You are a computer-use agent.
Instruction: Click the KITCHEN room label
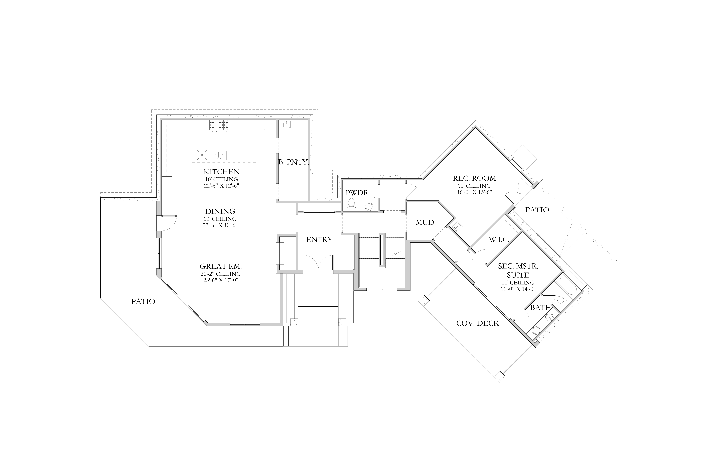tap(222, 172)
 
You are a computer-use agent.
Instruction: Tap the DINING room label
tap(220, 211)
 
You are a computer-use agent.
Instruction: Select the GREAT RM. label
tap(221, 266)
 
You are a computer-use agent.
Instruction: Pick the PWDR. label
tap(357, 193)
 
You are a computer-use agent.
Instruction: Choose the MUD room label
tap(425, 222)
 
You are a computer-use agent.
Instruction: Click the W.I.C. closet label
tap(499, 240)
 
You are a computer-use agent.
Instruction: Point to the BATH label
tap(540, 308)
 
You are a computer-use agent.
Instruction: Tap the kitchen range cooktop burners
tap(219, 125)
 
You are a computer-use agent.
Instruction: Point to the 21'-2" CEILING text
tap(221, 274)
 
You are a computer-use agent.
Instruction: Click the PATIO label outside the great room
tap(143, 301)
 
